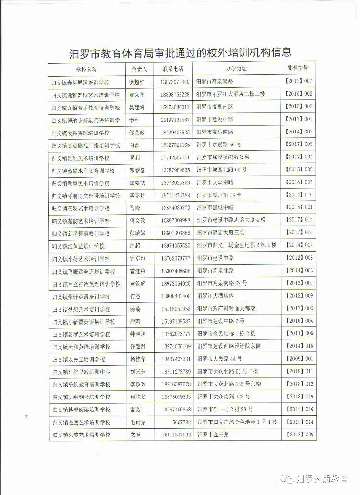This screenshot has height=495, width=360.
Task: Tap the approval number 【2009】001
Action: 299,358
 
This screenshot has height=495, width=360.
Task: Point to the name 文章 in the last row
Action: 136,435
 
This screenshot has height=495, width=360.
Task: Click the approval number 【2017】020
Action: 299,232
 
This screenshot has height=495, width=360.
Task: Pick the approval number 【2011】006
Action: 299,333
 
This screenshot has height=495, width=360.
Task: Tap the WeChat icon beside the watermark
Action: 288,479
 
